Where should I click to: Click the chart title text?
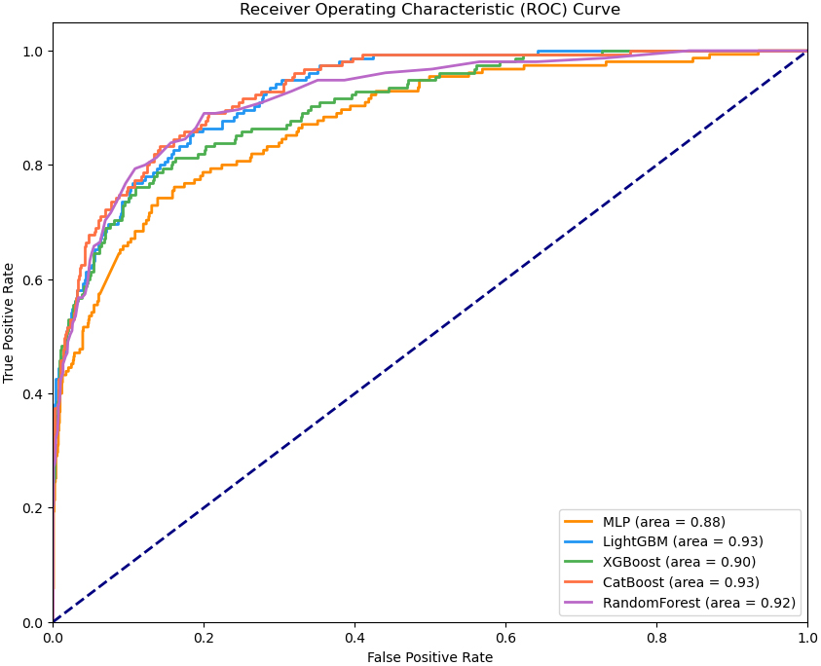pos(429,10)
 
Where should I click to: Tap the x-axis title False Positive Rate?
pos(429,657)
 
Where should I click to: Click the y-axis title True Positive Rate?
pos(10,322)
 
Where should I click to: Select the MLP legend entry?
pos(663,522)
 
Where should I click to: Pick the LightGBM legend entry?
pos(682,541)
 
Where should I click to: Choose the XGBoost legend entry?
pos(679,562)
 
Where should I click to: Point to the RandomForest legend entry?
pos(698,603)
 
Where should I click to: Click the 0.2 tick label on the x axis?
pos(204,637)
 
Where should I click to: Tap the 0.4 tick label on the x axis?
pos(355,637)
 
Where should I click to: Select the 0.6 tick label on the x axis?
pos(505,637)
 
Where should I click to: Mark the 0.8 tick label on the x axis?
pos(657,637)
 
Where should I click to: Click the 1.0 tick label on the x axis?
pos(807,637)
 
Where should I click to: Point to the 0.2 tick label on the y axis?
pos(32,508)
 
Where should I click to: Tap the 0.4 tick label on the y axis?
pos(32,394)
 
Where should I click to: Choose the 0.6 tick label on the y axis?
pos(32,280)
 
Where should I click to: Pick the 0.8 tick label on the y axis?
pos(32,166)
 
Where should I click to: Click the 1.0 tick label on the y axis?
pos(32,52)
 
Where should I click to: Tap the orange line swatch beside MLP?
pos(579,522)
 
